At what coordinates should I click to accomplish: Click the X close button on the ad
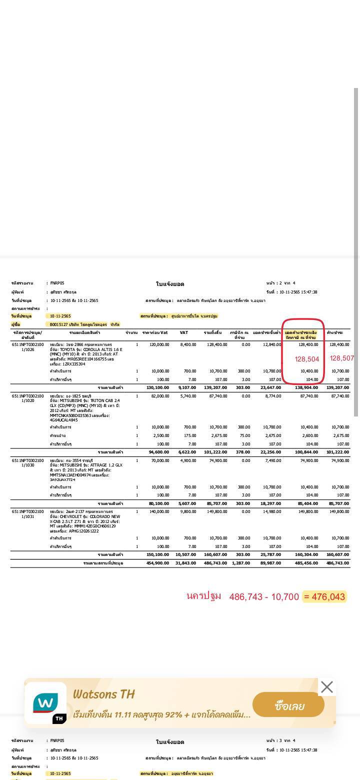click(326, 687)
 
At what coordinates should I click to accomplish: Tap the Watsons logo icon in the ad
click(45, 703)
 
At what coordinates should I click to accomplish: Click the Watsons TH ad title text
click(104, 694)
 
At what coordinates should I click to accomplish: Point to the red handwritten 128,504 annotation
click(307, 359)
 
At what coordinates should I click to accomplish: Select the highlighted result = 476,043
click(324, 596)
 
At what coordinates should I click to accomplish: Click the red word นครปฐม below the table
click(203, 596)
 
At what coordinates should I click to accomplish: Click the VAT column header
click(184, 332)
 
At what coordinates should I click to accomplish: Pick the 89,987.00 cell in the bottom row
click(270, 563)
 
